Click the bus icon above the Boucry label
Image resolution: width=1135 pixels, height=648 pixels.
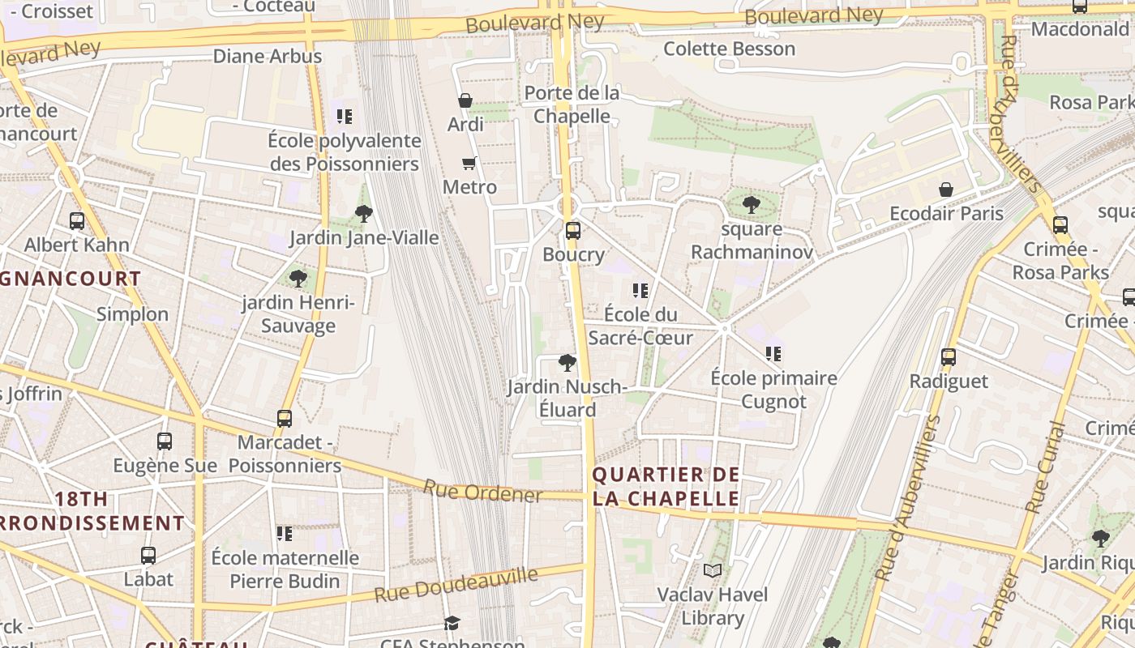572,231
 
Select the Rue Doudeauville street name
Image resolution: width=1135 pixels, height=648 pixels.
456,585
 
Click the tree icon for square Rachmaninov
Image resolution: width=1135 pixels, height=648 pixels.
752,205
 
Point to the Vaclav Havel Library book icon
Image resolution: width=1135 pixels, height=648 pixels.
712,571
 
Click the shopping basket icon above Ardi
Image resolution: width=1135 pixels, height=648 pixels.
465,100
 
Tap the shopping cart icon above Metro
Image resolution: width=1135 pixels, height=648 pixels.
469,164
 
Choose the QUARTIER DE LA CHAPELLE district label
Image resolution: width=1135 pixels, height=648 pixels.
666,486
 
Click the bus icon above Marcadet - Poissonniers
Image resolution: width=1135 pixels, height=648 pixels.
284,419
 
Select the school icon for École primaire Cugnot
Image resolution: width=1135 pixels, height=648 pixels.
773,354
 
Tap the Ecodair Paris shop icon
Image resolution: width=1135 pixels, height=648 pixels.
945,190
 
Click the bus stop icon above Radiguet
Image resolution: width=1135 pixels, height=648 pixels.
948,357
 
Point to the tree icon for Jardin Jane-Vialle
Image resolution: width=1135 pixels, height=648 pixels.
364,214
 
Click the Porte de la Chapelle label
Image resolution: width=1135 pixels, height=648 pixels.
572,104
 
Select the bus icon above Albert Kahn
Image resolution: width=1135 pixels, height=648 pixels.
77,221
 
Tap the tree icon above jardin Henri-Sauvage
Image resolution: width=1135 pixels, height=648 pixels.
298,279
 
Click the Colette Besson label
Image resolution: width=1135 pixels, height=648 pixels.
729,49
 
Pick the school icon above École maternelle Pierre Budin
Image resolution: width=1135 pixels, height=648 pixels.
285,534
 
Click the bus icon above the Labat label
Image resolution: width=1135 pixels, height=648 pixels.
148,556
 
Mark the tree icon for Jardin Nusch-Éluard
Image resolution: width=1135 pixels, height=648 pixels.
567,363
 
